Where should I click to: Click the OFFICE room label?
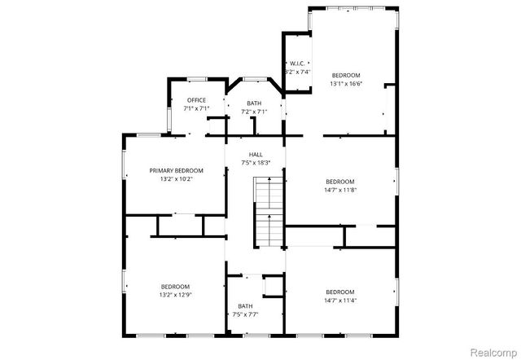click(x=196, y=100)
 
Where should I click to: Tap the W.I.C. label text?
click(x=297, y=64)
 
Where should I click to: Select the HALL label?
click(x=256, y=154)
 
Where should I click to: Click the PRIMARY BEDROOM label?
click(x=176, y=170)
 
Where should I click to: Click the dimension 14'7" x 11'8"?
click(x=340, y=190)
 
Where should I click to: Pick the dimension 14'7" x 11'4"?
click(x=340, y=301)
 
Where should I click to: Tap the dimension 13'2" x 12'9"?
click(x=176, y=295)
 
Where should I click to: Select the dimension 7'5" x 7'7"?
click(x=245, y=314)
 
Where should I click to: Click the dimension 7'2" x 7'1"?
click(x=255, y=112)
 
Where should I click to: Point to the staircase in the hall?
click(x=268, y=213)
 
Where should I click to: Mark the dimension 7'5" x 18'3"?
click(x=256, y=163)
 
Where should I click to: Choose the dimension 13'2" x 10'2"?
click(x=176, y=179)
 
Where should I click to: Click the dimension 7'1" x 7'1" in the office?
click(x=196, y=108)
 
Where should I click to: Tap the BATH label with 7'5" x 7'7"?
click(x=245, y=305)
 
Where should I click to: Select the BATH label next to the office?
click(x=255, y=103)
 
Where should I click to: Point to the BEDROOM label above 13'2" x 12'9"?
click(x=176, y=287)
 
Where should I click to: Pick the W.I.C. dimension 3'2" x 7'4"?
click(x=297, y=72)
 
